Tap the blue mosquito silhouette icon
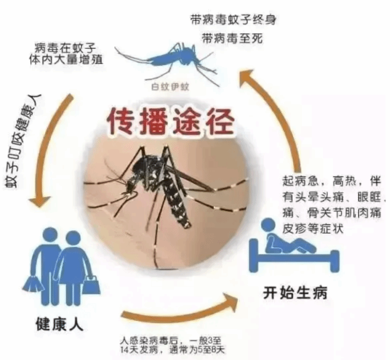pyautogui.click(x=170, y=56)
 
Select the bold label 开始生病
pyautogui.click(x=294, y=293)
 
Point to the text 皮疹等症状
pyautogui.click(x=312, y=229)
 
